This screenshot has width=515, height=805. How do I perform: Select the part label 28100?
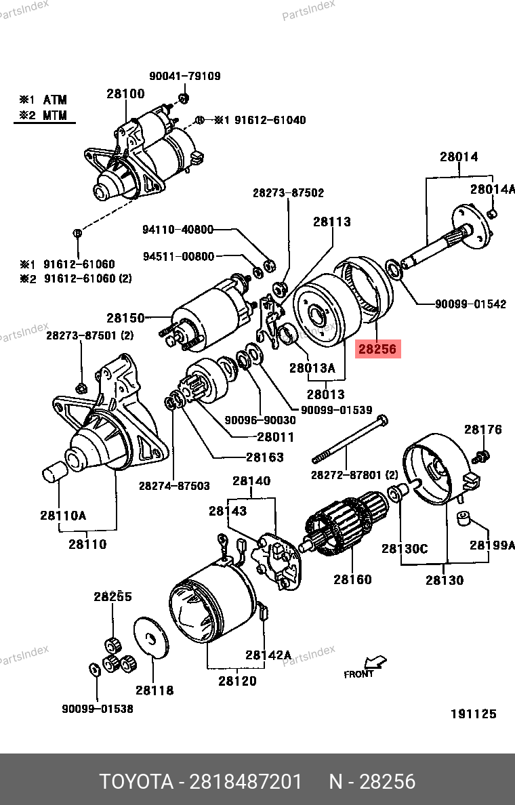pyautogui.click(x=125, y=94)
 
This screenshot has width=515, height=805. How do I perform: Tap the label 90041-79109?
pyautogui.click(x=184, y=76)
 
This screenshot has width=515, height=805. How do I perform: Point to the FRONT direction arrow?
pyautogui.click(x=373, y=662)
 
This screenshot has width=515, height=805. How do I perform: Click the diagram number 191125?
pyautogui.click(x=474, y=714)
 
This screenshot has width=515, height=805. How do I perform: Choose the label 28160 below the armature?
pyautogui.click(x=352, y=579)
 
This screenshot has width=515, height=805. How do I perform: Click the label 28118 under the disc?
pyautogui.click(x=154, y=690)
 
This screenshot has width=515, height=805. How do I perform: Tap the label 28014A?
pyautogui.click(x=493, y=189)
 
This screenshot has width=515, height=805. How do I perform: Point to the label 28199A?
pyautogui.click(x=493, y=545)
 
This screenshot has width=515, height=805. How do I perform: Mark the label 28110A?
pyautogui.click(x=62, y=515)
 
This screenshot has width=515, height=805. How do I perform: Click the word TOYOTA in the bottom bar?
pyautogui.click(x=136, y=781)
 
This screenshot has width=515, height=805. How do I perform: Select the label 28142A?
pyautogui.click(x=268, y=655)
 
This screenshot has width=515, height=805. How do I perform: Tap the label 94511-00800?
pyautogui.click(x=178, y=256)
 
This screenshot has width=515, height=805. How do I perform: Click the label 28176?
pyautogui.click(x=483, y=429)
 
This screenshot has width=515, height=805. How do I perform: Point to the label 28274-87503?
pyautogui.click(x=174, y=485)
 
